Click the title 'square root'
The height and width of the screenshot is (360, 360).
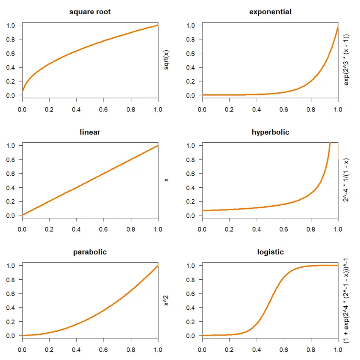(90, 12)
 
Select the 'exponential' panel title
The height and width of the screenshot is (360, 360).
(270, 12)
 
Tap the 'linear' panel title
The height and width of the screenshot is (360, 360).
(90, 132)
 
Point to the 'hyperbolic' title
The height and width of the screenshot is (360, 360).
(270, 132)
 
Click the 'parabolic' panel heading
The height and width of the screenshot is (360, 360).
(90, 252)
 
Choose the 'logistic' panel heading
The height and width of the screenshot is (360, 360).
(270, 252)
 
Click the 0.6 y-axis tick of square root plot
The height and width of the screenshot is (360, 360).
(12, 53)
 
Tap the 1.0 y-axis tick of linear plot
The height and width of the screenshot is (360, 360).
(12, 145)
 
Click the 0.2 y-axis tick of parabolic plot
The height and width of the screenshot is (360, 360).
(12, 321)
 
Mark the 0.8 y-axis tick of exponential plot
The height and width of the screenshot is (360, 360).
(192, 39)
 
